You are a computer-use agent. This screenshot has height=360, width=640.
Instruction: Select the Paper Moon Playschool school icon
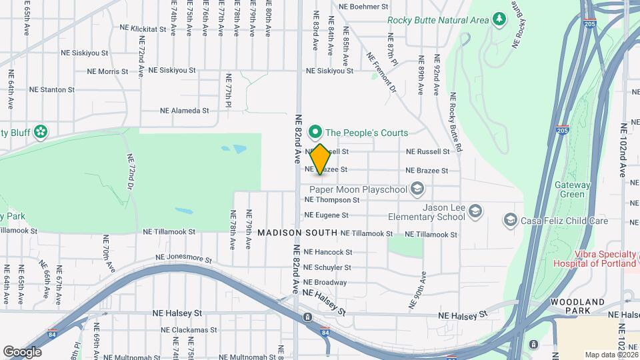(x=417, y=189)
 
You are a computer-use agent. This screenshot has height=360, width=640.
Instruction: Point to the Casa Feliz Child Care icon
(x=510, y=220)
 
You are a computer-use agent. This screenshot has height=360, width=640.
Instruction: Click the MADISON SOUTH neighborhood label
(x=296, y=233)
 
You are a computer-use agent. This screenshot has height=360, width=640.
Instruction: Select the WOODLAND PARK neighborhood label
(x=577, y=306)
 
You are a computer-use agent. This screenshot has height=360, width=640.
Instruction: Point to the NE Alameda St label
(x=185, y=111)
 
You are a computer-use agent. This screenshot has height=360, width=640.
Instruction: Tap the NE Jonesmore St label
(x=183, y=259)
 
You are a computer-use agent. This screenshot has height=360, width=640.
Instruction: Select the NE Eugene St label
(x=326, y=215)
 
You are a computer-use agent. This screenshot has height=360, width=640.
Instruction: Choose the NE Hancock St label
(x=327, y=252)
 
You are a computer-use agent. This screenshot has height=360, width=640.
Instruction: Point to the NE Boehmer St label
(x=363, y=7)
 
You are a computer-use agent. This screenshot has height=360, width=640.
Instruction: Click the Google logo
(x=22, y=351)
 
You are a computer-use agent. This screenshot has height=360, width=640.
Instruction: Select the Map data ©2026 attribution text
(x=610, y=354)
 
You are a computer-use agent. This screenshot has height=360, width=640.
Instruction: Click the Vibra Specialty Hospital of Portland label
(x=595, y=259)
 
